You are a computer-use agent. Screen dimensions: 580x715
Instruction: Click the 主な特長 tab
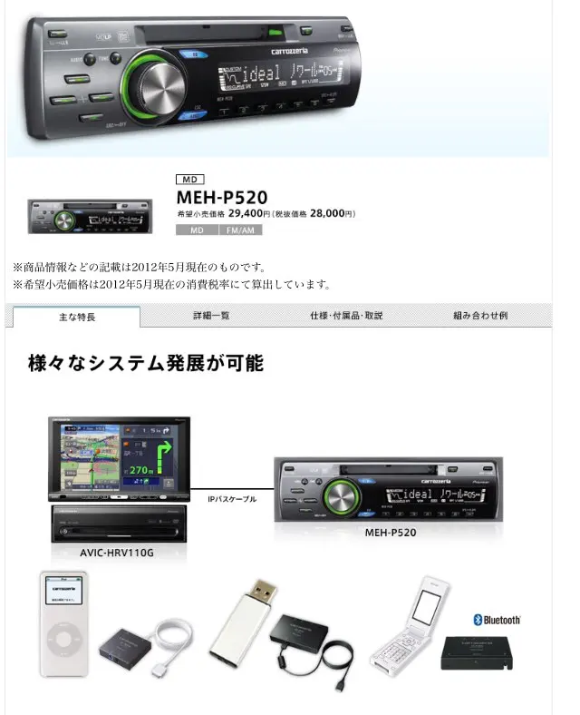pyautogui.click(x=76, y=317)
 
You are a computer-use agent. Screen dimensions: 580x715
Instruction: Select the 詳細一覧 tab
pyautogui.click(x=211, y=316)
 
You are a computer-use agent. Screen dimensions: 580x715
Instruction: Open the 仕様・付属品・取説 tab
pyautogui.click(x=346, y=316)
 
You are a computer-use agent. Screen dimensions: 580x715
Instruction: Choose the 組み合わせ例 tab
pyautogui.click(x=480, y=316)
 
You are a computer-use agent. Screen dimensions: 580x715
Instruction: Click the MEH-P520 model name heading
pyautogui.click(x=222, y=196)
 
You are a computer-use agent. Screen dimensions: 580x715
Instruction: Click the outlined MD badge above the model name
pyautogui.click(x=191, y=180)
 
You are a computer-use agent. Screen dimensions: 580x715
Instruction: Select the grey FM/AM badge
pyautogui.click(x=239, y=231)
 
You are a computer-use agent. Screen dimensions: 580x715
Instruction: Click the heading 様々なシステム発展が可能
pyautogui.click(x=146, y=364)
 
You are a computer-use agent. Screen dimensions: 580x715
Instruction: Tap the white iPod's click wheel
pyautogui.click(x=63, y=642)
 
